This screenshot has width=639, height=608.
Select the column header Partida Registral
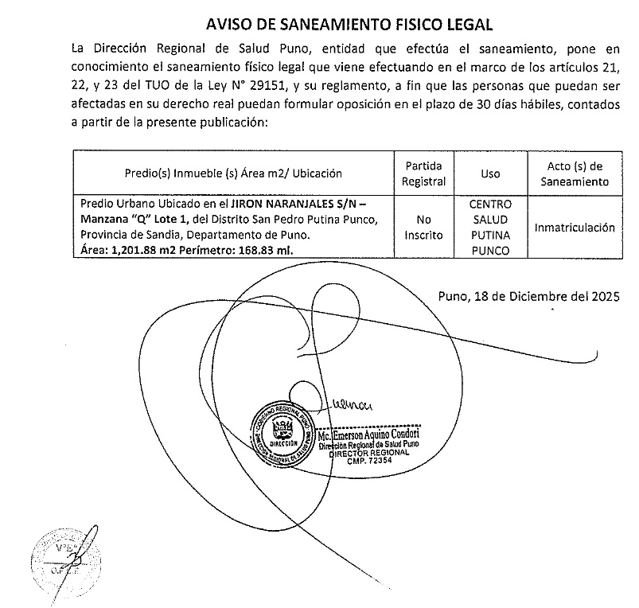click(x=423, y=173)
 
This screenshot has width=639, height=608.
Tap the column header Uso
click(x=490, y=173)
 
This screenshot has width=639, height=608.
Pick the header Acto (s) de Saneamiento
click(x=575, y=173)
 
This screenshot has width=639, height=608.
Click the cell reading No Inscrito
click(x=423, y=228)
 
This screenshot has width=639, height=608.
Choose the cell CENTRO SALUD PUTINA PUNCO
click(x=490, y=228)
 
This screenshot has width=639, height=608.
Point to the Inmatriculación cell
click(x=575, y=228)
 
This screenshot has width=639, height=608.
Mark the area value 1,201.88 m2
click(x=138, y=251)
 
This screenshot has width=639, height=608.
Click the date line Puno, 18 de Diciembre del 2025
click(x=528, y=297)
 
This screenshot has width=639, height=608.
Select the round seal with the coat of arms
click(x=282, y=433)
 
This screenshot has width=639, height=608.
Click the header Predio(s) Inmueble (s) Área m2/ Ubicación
click(x=233, y=173)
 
